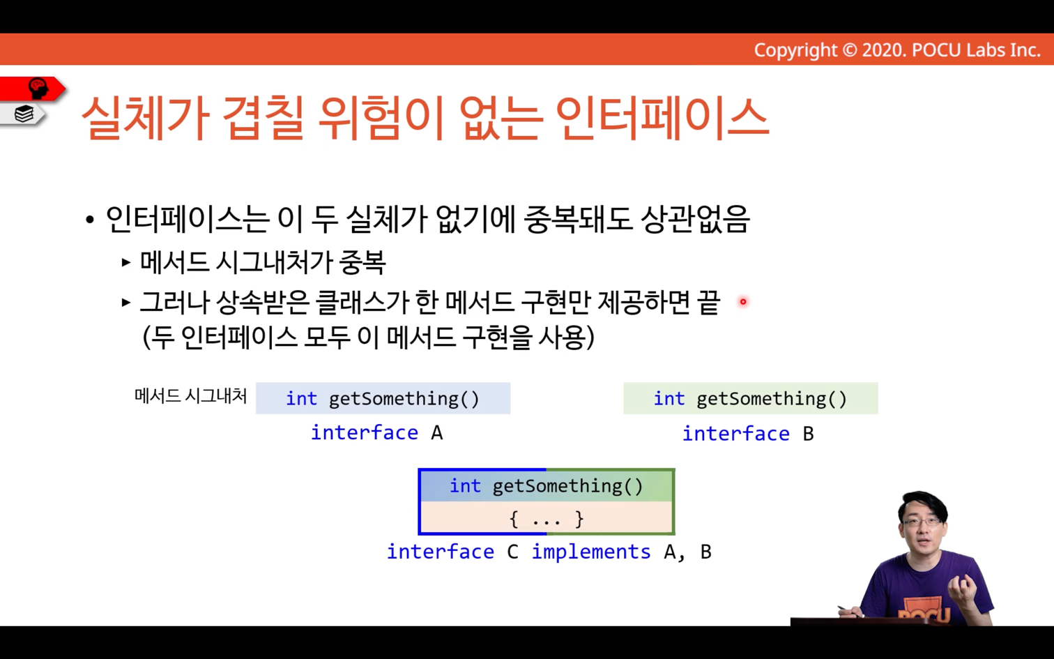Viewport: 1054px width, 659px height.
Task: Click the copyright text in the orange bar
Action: tap(897, 50)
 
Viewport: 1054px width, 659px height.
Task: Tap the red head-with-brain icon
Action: tap(38, 89)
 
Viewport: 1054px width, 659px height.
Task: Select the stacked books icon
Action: tap(24, 114)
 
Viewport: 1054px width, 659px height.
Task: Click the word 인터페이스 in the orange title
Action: tap(662, 118)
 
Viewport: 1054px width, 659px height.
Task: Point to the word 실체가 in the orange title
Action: tap(146, 118)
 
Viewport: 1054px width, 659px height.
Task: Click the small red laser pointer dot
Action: tap(743, 302)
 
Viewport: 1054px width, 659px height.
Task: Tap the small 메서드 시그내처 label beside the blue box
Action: tap(190, 396)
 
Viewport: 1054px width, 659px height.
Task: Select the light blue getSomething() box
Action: tap(383, 398)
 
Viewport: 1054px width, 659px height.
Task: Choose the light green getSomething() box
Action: tap(751, 398)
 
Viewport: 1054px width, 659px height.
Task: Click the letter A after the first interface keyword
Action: tap(437, 433)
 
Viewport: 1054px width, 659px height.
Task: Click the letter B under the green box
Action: tap(809, 434)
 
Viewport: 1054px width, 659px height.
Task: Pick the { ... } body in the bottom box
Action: tap(547, 520)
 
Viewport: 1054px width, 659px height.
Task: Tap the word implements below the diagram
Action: tap(591, 552)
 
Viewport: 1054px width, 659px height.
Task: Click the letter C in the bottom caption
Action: tap(513, 552)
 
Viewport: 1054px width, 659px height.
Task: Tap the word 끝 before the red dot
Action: tap(708, 302)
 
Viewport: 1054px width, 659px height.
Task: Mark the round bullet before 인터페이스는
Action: tap(90, 220)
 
